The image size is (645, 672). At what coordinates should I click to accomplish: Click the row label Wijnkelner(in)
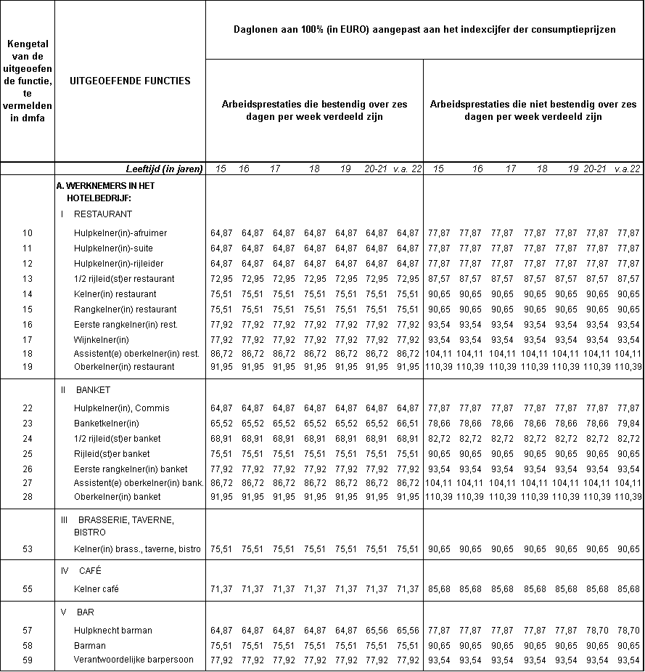(102, 339)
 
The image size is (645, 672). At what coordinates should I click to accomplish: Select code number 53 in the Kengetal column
(28, 549)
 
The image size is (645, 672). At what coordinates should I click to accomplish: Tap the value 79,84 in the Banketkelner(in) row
(628, 424)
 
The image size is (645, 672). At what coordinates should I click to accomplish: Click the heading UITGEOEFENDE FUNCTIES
(130, 81)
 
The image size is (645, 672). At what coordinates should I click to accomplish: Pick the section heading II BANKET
(84, 389)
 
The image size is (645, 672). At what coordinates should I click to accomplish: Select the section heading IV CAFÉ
(81, 570)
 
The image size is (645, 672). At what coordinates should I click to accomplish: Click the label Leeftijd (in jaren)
(162, 169)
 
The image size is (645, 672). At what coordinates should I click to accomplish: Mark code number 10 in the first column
(28, 233)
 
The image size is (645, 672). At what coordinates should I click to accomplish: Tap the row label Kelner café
(97, 588)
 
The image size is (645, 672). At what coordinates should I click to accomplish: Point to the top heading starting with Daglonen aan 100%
(424, 30)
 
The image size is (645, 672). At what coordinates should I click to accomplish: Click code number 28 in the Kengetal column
(28, 497)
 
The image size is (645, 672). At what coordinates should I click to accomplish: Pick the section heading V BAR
(78, 612)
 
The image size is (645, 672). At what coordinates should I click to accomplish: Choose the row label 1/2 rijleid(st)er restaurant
(124, 279)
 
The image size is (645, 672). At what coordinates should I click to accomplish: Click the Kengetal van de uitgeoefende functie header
(28, 84)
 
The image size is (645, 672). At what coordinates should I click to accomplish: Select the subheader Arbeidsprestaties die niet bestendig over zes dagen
(533, 110)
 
